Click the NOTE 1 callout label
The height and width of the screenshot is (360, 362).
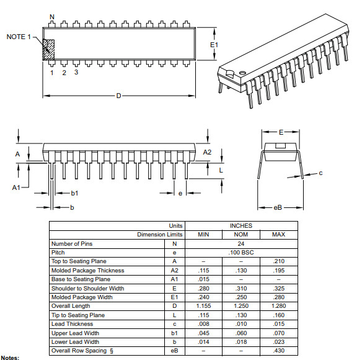click(19, 37)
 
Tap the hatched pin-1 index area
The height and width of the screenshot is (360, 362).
click(48, 50)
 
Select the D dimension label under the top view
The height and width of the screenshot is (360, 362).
click(118, 96)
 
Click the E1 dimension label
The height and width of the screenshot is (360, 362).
click(214, 45)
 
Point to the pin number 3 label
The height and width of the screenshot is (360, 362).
click(76, 72)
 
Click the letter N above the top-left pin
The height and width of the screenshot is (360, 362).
click(52, 17)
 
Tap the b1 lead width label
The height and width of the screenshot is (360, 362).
click(74, 193)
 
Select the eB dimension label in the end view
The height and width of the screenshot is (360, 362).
click(278, 207)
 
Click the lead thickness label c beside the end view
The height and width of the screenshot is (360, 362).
click(320, 173)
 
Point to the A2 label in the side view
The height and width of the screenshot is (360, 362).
click(207, 152)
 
